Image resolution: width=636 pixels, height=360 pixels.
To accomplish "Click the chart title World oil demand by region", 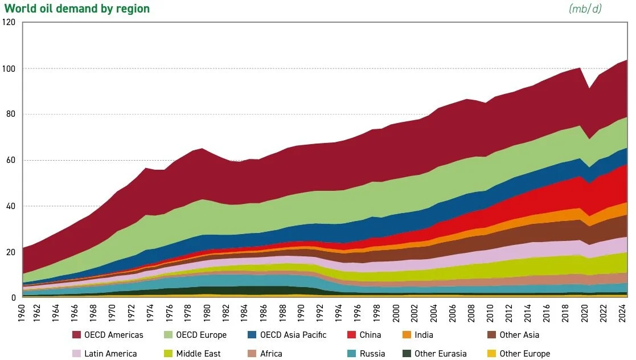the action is tap(77, 9).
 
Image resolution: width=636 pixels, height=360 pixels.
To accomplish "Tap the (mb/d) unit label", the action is tap(585, 9).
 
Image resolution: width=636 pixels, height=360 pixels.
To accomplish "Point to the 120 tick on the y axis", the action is tap(9, 22).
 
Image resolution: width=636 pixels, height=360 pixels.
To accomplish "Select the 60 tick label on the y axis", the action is tap(11, 160).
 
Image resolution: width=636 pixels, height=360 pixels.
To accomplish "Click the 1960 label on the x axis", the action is tap(22, 313).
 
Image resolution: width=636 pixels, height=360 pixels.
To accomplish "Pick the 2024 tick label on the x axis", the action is tap(622, 313).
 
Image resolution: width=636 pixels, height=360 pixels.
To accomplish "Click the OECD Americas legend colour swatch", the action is tap(77, 335).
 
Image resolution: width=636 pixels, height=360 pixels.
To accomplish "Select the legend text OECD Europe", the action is tap(201, 335).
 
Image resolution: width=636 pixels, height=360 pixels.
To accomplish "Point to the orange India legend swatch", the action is tap(407, 335).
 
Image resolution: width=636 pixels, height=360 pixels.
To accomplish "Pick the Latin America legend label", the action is tap(110, 354).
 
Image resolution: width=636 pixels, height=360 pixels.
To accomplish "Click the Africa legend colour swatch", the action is tap(252, 354).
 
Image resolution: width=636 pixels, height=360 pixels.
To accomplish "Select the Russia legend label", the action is tap(372, 354).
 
